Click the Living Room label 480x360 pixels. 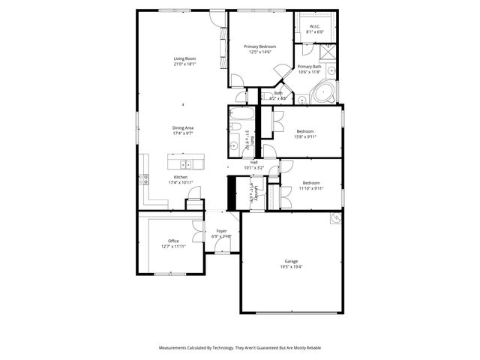pyautogui.click(x=185, y=58)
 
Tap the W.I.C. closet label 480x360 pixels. pyautogui.click(x=315, y=27)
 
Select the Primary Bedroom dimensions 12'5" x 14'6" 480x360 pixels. pyautogui.click(x=259, y=52)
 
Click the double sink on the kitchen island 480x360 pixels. pyautogui.click(x=185, y=163)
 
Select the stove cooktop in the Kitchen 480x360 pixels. pyautogui.click(x=143, y=179)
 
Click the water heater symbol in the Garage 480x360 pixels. pyautogui.click(x=336, y=219)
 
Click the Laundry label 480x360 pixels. pyautogui.click(x=256, y=193)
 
